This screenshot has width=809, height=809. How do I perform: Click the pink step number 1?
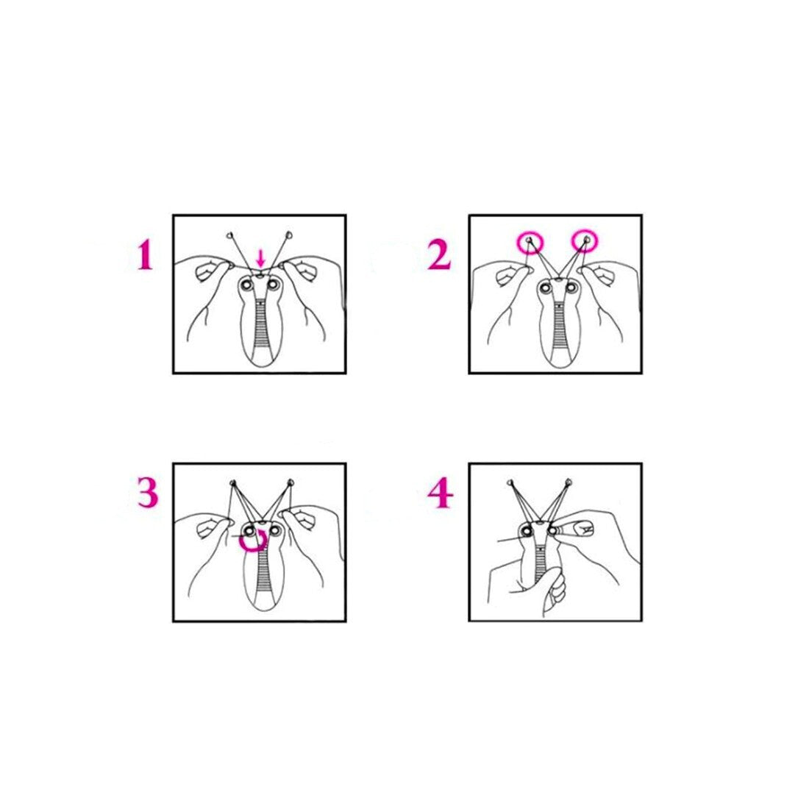[145, 257]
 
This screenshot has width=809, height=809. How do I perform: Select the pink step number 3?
[148, 492]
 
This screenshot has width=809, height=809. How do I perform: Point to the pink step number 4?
[441, 493]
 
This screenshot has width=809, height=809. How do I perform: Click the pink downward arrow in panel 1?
[261, 257]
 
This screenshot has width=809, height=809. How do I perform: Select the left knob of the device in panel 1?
[246, 284]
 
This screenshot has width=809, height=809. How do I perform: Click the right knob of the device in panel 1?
[274, 284]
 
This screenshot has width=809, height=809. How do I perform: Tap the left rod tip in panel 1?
[229, 236]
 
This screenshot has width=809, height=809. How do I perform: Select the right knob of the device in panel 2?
[570, 288]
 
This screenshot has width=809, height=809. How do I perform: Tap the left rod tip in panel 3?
[232, 483]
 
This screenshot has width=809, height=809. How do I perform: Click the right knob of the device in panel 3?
[274, 530]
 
